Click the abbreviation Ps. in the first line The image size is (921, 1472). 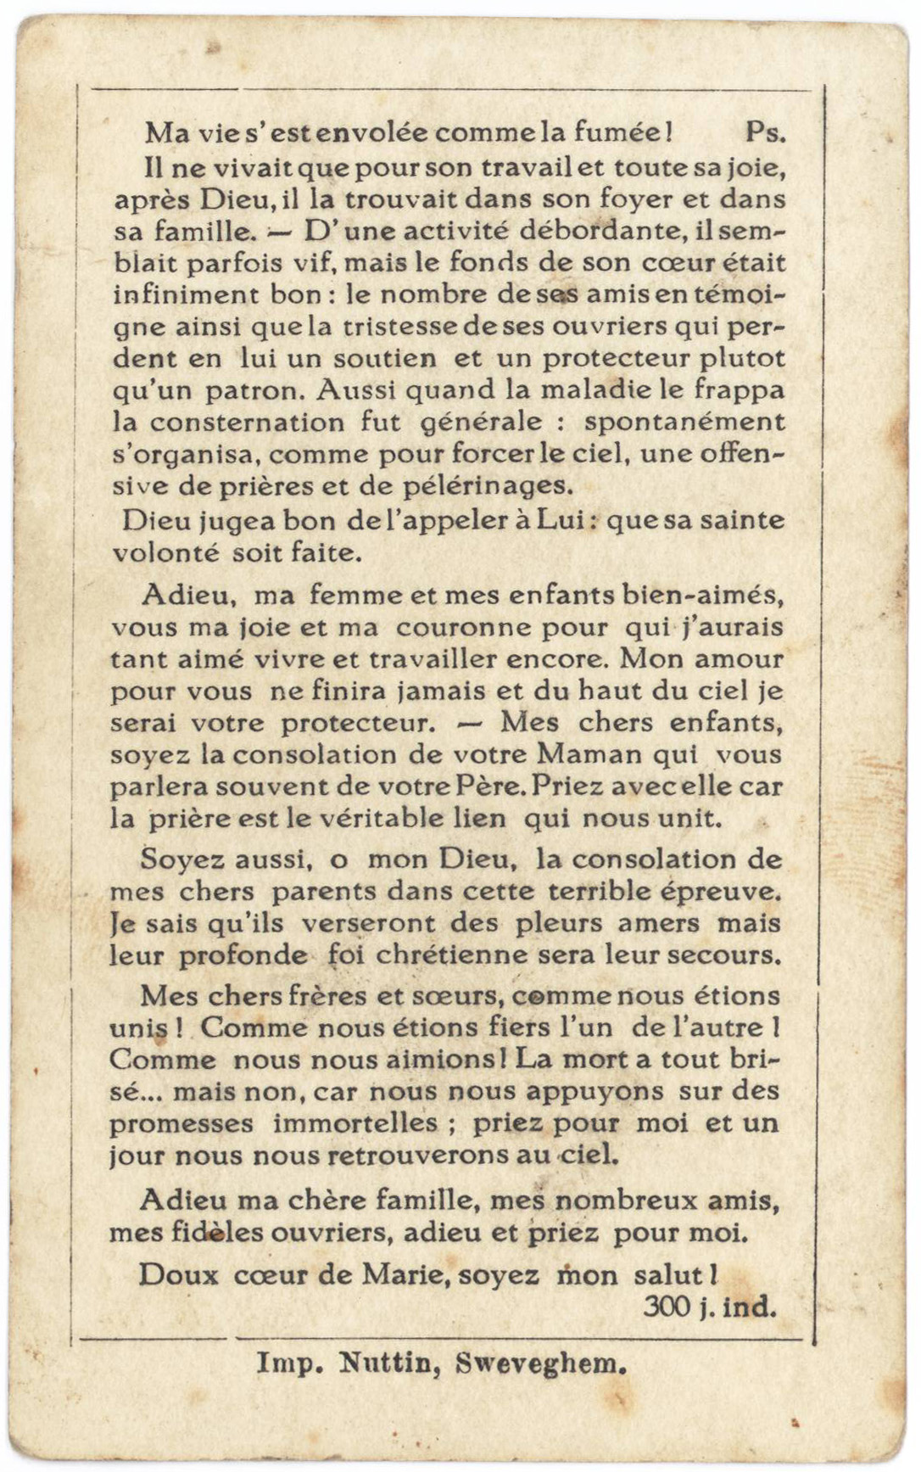pyautogui.click(x=766, y=132)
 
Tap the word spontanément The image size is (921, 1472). pyautogui.click(x=685, y=423)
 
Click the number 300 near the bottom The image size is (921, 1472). pyautogui.click(x=667, y=1307)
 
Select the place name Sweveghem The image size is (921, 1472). pyautogui.click(x=541, y=1363)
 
